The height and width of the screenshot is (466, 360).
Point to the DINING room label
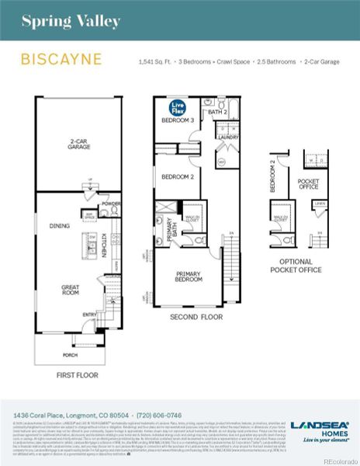coord(60,226)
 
